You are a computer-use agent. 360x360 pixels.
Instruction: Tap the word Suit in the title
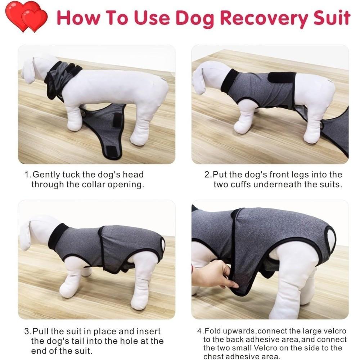click(329, 18)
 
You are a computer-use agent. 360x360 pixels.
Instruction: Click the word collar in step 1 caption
click(94, 185)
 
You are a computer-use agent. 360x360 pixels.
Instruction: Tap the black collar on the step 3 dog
click(58, 236)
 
